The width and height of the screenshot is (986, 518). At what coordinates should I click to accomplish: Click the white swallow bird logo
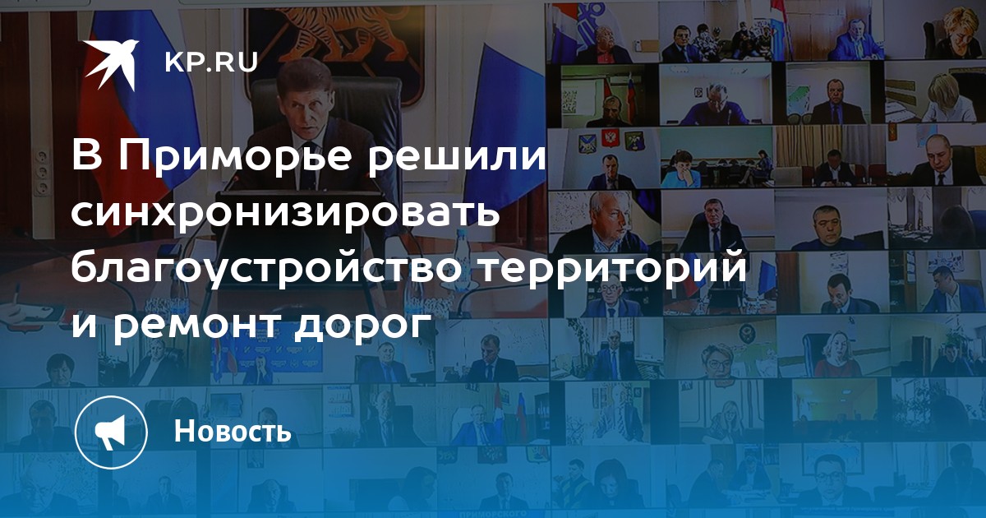coord(111,64)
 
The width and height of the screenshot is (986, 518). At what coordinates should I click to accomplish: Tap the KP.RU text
coord(211,63)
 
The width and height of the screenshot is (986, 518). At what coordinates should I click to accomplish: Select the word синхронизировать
coord(286,212)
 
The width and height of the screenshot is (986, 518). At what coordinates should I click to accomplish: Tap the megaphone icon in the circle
coord(111,432)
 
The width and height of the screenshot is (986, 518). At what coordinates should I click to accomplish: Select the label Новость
coord(233,431)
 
